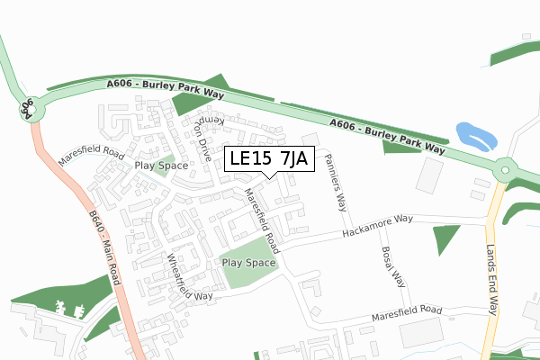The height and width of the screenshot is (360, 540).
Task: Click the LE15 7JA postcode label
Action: [269, 158]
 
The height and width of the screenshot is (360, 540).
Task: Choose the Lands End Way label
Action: [491, 281]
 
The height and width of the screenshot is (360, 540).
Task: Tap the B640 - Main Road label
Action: [104, 248]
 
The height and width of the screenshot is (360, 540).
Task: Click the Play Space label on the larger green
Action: [248, 263]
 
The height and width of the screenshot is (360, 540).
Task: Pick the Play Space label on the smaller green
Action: [161, 166]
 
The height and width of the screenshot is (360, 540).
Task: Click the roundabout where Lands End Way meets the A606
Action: [507, 168]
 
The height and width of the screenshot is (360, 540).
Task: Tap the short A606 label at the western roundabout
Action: [27, 109]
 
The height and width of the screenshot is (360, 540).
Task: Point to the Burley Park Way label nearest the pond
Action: [388, 136]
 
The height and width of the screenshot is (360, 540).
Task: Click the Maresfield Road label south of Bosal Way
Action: [408, 314]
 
